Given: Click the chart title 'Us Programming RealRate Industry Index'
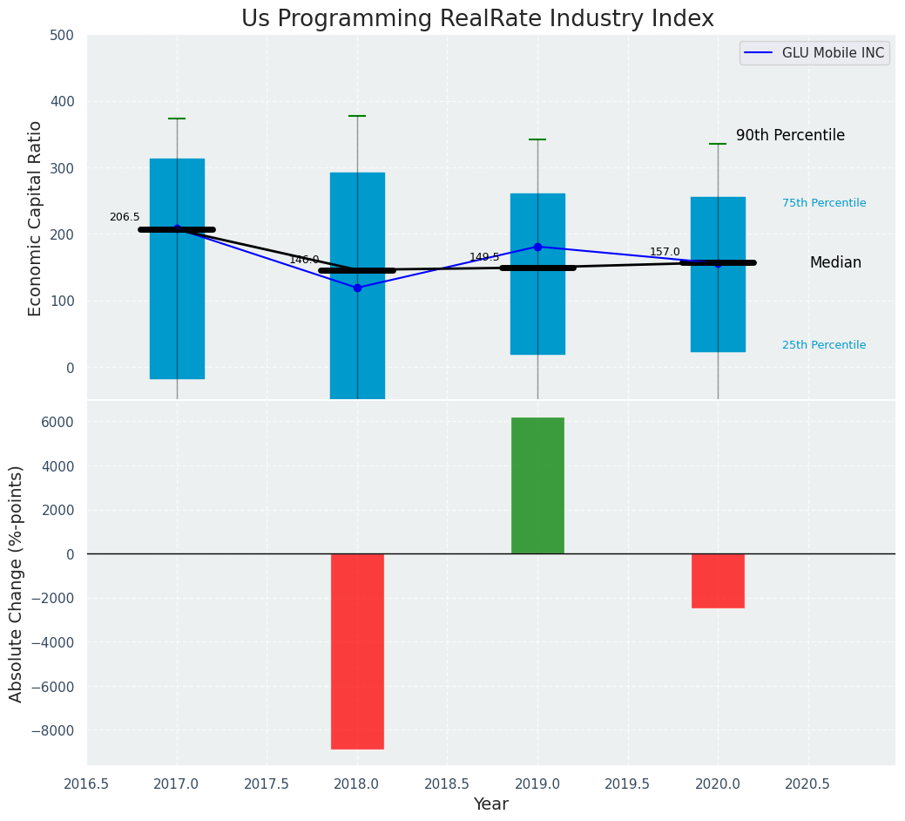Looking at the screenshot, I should [477, 19].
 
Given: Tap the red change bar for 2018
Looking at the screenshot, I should [357, 651].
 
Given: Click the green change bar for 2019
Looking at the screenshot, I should [537, 485].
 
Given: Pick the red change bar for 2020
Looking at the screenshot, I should [718, 580].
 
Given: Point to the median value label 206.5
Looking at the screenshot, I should [125, 217].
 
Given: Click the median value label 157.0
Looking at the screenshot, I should [665, 252].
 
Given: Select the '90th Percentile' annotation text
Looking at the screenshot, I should [790, 136].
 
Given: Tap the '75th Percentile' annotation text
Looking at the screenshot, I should [823, 203].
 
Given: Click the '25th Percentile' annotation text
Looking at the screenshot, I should [823, 345].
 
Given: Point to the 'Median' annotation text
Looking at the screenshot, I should [835, 263].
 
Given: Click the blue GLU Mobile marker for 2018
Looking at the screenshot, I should [357, 288].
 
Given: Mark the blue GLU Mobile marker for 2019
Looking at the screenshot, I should [537, 247].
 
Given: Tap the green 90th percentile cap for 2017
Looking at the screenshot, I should [177, 119].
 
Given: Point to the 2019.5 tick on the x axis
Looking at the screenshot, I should [628, 784].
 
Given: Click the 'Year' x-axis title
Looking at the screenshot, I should [490, 804].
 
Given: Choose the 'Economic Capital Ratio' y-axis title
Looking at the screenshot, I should [36, 218].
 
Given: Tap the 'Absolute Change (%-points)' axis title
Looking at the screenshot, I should [17, 583].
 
